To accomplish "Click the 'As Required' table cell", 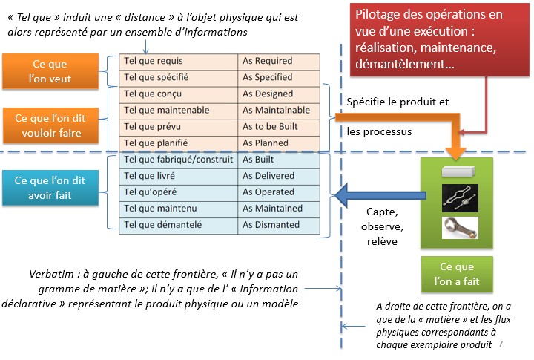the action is (279, 62).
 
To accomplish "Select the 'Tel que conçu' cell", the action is (179, 94).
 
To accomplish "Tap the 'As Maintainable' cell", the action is (279, 111).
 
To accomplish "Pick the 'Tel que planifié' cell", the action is (179, 143).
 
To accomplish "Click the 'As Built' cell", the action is (279, 160).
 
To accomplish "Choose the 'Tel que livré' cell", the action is (179, 176).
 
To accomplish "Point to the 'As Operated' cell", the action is (279, 192).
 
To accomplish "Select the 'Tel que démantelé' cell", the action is (179, 226).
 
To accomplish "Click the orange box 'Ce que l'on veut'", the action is (50, 71).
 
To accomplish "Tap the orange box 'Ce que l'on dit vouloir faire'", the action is (51, 125).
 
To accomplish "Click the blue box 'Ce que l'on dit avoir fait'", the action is (50, 188).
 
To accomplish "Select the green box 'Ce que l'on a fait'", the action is (457, 274).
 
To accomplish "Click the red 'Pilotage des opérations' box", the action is (440, 39).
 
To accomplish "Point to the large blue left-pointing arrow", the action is (380, 195).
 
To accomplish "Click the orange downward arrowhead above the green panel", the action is (455, 153).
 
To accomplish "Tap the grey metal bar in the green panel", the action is (458, 171).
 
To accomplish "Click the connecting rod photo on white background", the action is (460, 228).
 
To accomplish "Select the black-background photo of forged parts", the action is (460, 198).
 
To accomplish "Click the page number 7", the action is (501, 344).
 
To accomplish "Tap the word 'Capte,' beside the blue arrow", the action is (382, 212).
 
